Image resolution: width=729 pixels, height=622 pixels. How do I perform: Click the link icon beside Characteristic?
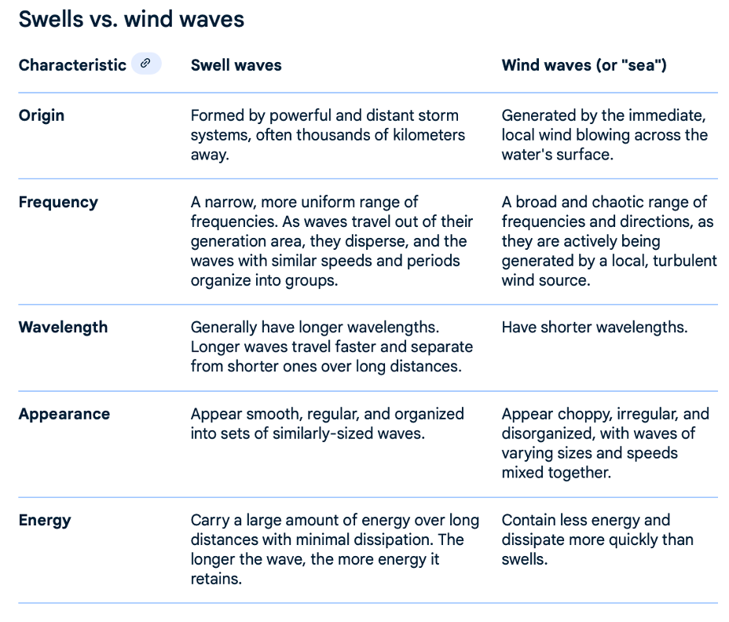pos(146,64)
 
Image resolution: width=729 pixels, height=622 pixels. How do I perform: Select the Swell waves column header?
pos(236,65)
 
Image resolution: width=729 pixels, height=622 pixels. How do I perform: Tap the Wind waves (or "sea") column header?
pos(584,65)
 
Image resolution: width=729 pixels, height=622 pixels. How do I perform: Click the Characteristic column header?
pos(72,65)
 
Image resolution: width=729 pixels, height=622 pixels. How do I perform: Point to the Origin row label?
pos(42,115)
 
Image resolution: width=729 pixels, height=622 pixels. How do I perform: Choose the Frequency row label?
pos(59,202)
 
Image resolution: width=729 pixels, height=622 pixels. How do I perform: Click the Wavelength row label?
pos(63,327)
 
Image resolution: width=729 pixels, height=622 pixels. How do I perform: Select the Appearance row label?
pos(64,414)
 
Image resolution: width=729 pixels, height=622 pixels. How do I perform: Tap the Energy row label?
pos(45,520)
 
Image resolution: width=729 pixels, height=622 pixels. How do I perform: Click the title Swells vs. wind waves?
pos(131,20)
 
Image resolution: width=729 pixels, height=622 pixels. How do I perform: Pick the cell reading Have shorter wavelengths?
pos(595,327)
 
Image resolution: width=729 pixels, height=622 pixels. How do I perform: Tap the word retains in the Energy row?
pos(216,579)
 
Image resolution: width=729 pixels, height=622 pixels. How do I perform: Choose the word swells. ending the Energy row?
pos(525,559)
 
